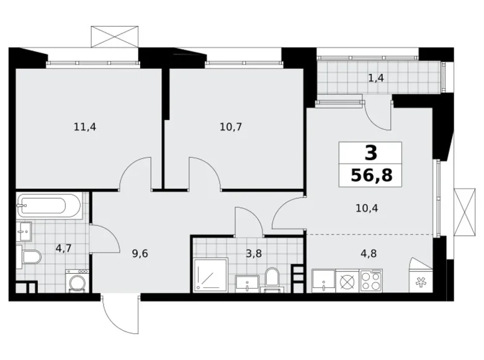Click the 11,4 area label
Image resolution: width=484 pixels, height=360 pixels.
click(x=85, y=127)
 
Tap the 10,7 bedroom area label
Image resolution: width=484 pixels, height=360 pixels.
click(x=231, y=127)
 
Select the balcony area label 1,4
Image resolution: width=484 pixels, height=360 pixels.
click(x=376, y=78)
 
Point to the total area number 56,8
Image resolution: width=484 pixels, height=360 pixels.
click(x=371, y=176)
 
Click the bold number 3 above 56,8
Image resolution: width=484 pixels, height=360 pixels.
click(x=370, y=153)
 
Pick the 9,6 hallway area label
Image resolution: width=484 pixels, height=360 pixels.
click(x=140, y=253)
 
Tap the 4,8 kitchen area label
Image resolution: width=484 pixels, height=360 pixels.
click(x=368, y=253)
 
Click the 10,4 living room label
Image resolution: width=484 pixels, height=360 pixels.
click(x=367, y=209)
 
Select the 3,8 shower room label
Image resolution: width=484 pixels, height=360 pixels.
click(x=254, y=253)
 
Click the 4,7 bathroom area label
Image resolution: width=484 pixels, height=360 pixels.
click(x=63, y=248)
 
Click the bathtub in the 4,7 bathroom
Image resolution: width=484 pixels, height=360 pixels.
click(x=50, y=205)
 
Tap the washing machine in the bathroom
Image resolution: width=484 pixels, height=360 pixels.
click(x=77, y=281)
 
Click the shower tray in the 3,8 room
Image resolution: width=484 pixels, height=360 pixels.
click(x=211, y=276)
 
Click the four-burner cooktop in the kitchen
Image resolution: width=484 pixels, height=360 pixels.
click(x=371, y=281)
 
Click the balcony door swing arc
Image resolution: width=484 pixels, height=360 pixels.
click(x=375, y=118)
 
